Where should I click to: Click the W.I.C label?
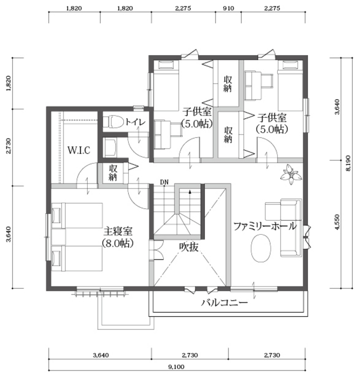pos(79,150)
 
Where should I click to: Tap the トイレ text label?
pos(135,122)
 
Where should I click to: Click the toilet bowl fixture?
pos(113,122)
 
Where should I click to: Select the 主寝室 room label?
pos(118,231)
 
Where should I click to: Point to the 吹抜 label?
pos(189,247)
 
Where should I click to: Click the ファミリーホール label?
pos(265,226)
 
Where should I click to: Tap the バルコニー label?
pos(224,302)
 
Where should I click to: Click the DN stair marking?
pos(164,182)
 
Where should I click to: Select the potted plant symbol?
pos(291,175)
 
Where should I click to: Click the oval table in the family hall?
pos(261,248)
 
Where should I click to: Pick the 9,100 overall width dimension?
pos(176,366)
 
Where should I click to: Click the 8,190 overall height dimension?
pos(348,163)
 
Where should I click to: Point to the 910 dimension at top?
pos(228,8)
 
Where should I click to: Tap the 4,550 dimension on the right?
pos(338,222)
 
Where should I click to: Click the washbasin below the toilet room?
pos(110,148)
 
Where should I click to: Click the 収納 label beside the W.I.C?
pos(113,173)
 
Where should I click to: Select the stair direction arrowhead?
pos(190,192)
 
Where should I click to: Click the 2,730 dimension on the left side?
pos(8,146)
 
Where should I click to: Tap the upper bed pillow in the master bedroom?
pos(57,215)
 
